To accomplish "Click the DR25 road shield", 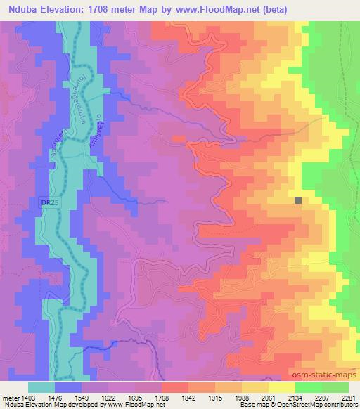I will pos(47,202).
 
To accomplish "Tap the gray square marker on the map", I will pos(298,200).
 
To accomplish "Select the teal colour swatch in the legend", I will pos(41,387).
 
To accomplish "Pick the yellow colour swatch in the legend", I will pos(281,387).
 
